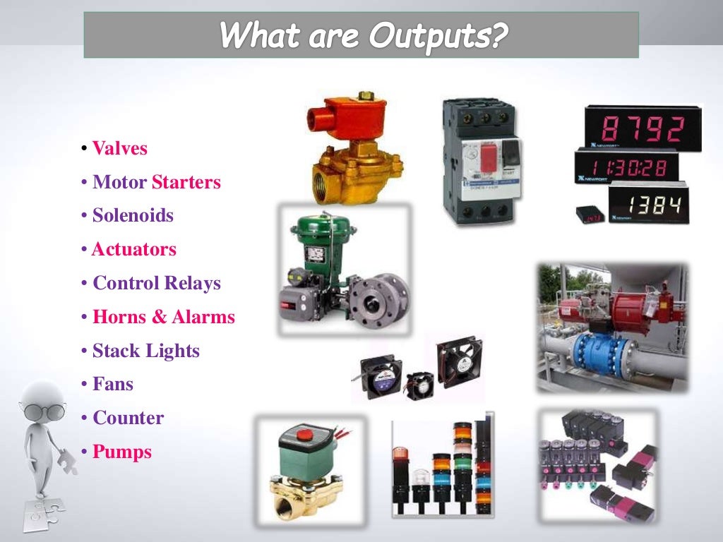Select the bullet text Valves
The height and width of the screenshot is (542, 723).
click(120, 149)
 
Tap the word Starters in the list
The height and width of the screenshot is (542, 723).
click(186, 183)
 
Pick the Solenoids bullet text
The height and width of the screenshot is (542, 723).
click(133, 216)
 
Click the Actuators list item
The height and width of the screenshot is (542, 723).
click(134, 250)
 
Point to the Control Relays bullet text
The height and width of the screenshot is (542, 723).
click(157, 284)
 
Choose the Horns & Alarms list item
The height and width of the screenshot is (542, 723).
click(163, 318)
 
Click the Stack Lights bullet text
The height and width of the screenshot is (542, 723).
click(146, 351)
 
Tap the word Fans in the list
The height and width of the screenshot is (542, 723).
click(113, 385)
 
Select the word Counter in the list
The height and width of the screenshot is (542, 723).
click(128, 418)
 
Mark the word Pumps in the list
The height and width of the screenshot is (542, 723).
click(122, 452)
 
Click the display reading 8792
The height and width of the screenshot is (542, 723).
click(643, 129)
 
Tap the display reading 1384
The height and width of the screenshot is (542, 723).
click(646, 205)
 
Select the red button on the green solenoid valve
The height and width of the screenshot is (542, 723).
click(304, 433)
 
